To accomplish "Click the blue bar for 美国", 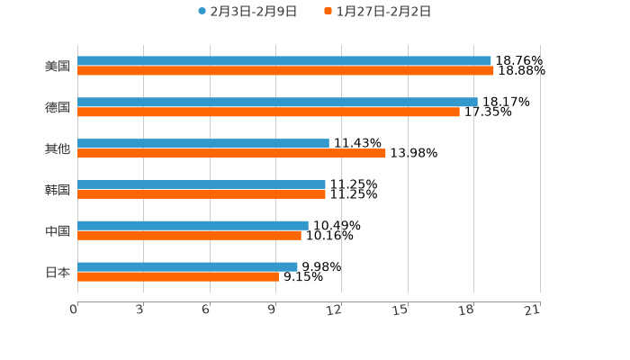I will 284,61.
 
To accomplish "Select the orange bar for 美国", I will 285,71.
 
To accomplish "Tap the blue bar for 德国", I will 277,102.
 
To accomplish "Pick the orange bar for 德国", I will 268,112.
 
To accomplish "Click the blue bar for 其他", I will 203,143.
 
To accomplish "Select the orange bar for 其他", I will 231,154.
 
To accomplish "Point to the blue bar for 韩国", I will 202,184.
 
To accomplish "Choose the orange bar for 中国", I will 189,236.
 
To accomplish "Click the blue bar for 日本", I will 187,266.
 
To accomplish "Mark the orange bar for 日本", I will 178,277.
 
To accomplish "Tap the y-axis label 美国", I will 58,67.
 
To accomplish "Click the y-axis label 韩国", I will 58,190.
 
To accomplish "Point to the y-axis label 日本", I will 58,272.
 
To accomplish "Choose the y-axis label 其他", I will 58,148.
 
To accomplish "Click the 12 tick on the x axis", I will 335,310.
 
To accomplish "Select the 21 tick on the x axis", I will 533,310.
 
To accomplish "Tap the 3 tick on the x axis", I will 140,310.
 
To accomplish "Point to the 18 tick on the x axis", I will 467,310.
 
